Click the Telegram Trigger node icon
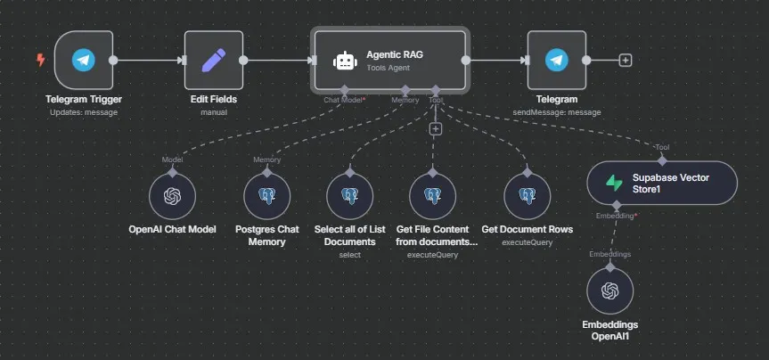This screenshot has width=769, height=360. click(x=84, y=60)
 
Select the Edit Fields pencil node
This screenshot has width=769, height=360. click(x=213, y=60)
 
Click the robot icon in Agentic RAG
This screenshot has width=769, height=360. click(x=344, y=61)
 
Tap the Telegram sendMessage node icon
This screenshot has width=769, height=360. click(x=557, y=60)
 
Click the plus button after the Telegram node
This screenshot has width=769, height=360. click(x=626, y=60)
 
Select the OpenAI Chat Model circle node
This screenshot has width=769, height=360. click(x=172, y=195)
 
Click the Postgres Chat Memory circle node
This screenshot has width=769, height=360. click(x=267, y=195)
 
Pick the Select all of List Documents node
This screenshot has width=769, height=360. click(x=349, y=195)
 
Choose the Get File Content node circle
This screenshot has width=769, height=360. click(x=432, y=195)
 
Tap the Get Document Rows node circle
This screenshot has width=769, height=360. click(x=527, y=195)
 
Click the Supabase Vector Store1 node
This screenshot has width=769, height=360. click(x=662, y=183)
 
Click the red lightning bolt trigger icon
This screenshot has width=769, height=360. click(x=39, y=60)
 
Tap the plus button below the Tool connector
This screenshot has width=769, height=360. click(x=436, y=129)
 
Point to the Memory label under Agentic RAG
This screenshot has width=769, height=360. click(x=405, y=100)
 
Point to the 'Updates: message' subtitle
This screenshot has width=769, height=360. click(x=84, y=112)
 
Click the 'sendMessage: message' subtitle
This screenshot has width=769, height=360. click(x=557, y=112)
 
